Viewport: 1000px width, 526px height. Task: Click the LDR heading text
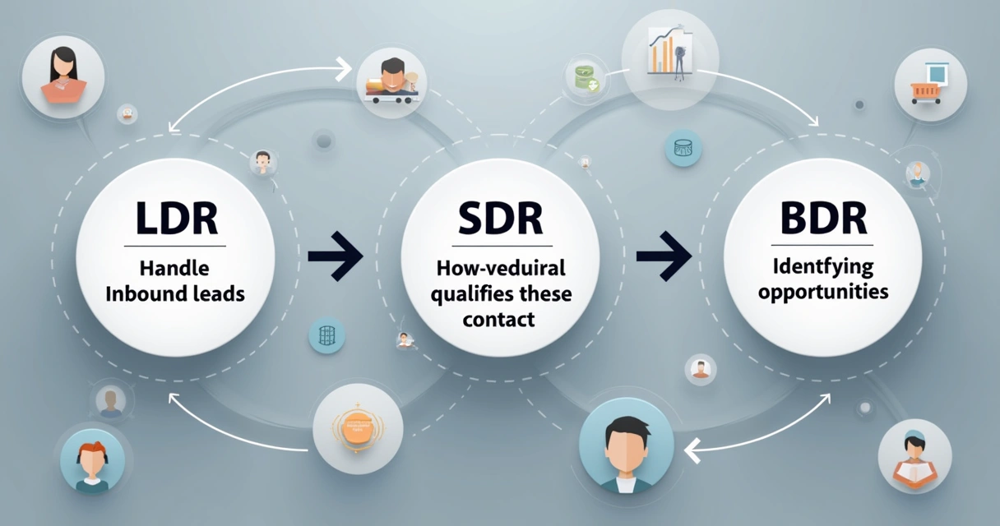(x=175, y=220)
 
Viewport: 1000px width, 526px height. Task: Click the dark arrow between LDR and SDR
(x=336, y=256)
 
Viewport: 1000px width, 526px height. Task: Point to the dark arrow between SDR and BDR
(x=664, y=256)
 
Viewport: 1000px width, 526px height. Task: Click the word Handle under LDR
(x=174, y=268)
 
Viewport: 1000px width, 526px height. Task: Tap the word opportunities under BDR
(x=823, y=292)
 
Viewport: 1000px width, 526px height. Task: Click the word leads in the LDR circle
(x=219, y=293)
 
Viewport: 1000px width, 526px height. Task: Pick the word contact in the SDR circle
(x=499, y=319)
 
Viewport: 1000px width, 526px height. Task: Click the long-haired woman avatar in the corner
(x=63, y=76)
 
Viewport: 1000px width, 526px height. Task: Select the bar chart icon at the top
(x=670, y=51)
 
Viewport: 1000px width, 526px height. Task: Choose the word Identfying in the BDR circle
(x=822, y=268)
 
